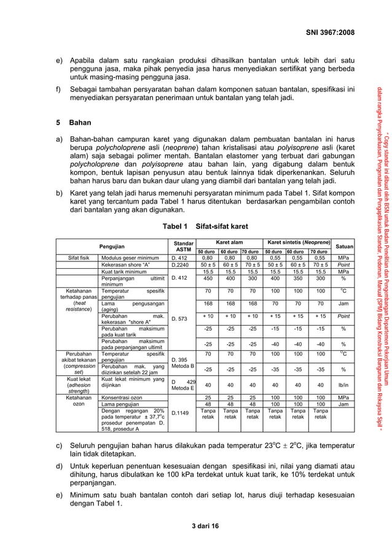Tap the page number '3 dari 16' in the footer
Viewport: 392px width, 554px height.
click(x=195, y=526)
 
